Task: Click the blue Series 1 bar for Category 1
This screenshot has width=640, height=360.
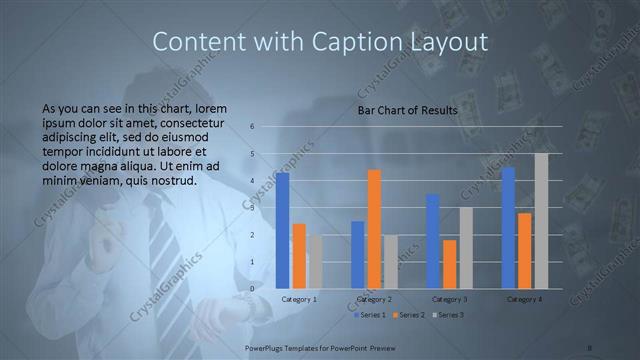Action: tap(283, 230)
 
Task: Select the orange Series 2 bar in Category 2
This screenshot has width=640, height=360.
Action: tap(374, 229)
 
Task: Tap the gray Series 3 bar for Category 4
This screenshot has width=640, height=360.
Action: tap(541, 221)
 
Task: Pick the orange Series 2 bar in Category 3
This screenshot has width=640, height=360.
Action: tap(450, 264)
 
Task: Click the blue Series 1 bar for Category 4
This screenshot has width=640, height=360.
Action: tap(509, 228)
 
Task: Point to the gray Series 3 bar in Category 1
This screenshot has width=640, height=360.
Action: tap(315, 262)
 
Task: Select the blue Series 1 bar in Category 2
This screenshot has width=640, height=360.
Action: tap(358, 255)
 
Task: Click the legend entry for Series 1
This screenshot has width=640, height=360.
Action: tap(372, 315)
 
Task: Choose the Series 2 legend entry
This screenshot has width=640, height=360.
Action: tap(410, 315)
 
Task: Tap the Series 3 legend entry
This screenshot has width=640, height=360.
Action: tap(448, 315)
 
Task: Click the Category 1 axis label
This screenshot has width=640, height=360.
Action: tap(299, 299)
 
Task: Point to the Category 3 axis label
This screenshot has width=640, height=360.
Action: tap(449, 299)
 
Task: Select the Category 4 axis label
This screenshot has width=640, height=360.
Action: tap(525, 299)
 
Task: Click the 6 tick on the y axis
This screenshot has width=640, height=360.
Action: tap(252, 127)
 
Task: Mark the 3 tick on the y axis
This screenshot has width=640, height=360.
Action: tap(252, 208)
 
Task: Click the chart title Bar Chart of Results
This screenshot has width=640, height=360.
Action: tap(407, 110)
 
